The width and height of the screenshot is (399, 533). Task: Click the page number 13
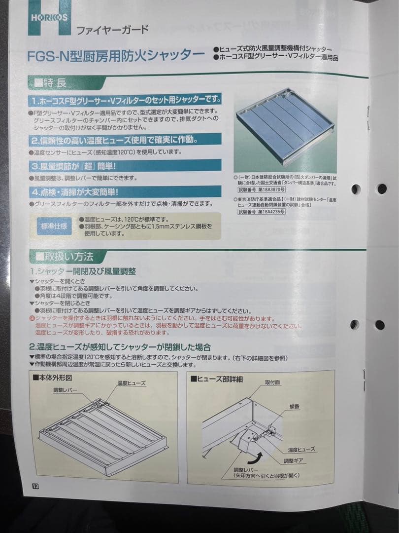(x=35, y=486)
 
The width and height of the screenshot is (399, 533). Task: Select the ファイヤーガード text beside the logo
(x=112, y=30)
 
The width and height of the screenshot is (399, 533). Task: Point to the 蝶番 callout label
(x=289, y=406)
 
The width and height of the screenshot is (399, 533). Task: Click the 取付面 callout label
(x=272, y=382)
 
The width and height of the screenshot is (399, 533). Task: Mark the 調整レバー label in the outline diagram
(x=66, y=390)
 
